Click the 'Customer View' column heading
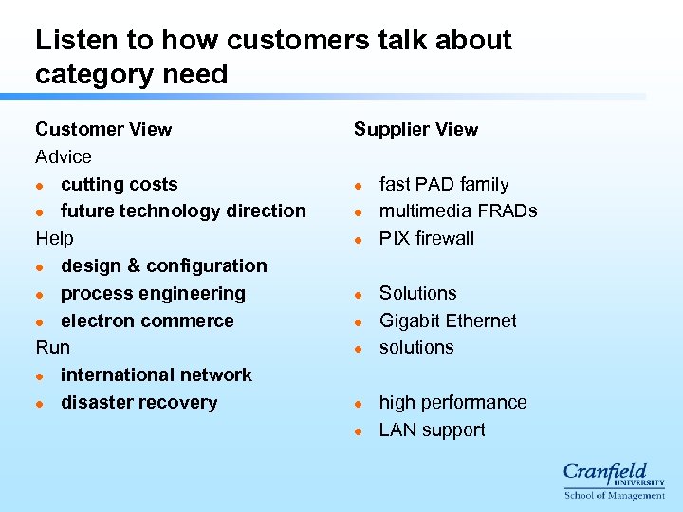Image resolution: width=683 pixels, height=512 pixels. click(103, 129)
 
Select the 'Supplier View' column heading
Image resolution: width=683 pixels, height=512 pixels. click(415, 129)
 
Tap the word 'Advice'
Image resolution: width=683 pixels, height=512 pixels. click(64, 156)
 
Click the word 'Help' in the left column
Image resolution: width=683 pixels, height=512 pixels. click(54, 238)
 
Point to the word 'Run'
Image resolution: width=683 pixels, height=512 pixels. click(52, 347)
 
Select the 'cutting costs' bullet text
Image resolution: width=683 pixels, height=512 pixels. click(119, 184)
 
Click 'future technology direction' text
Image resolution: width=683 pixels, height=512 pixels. click(183, 210)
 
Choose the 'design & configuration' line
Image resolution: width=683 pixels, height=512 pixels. click(163, 265)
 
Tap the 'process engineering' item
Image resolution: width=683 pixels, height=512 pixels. click(153, 293)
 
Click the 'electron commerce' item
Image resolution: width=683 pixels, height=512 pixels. click(147, 320)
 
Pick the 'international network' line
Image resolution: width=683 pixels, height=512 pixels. click(156, 375)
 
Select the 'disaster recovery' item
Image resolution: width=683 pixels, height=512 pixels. click(138, 402)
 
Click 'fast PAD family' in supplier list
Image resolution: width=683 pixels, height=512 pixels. click(444, 184)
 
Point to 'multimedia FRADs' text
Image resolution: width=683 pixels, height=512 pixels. click(458, 210)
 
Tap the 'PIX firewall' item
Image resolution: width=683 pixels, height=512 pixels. click(426, 238)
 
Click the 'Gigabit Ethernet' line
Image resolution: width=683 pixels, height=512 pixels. click(448, 320)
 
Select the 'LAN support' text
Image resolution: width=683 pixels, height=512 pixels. click(432, 430)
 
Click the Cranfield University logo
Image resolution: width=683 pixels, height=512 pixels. click(614, 480)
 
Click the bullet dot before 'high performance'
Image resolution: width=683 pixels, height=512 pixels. click(360, 403)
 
